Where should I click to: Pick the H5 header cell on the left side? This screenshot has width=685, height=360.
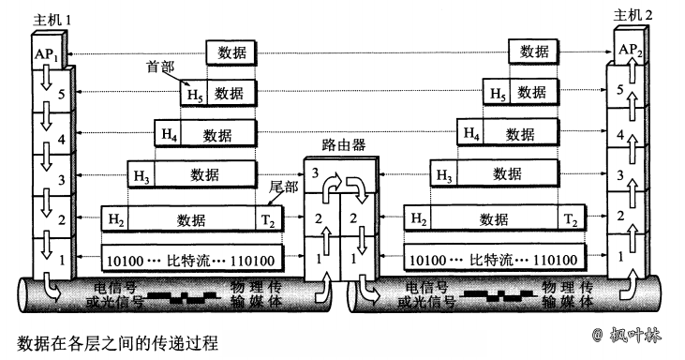point(193,93)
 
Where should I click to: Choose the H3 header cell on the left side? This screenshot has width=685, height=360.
point(141,174)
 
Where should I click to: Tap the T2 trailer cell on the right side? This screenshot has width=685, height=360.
point(570,219)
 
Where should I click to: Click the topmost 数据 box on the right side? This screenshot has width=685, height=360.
point(533,52)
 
